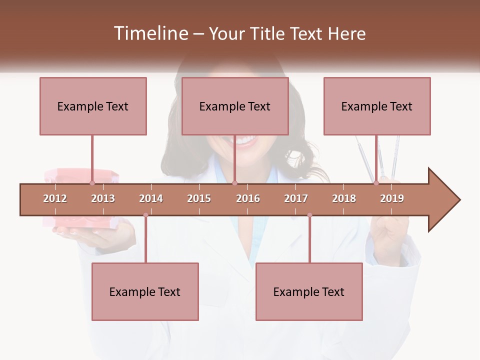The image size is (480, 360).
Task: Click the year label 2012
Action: click(x=55, y=198)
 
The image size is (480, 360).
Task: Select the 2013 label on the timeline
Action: click(x=103, y=198)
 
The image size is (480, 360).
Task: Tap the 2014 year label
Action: click(x=151, y=198)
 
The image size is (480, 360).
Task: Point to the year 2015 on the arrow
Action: click(x=199, y=198)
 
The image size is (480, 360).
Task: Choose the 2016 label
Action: click(x=248, y=198)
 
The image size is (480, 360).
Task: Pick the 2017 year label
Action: click(x=296, y=198)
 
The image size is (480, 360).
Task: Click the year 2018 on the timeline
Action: click(x=344, y=198)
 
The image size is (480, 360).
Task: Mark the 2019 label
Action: click(x=392, y=198)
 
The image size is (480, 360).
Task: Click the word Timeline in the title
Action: click(x=150, y=33)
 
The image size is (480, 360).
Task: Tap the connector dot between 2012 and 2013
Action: click(x=92, y=183)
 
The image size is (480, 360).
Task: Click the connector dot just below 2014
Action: click(x=145, y=215)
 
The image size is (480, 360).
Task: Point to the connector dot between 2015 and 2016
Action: click(x=234, y=183)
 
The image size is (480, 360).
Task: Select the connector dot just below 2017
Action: click(x=309, y=215)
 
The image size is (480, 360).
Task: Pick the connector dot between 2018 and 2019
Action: click(x=376, y=183)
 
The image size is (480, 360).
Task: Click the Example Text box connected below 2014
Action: click(x=145, y=291)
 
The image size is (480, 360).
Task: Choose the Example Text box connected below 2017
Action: click(x=309, y=291)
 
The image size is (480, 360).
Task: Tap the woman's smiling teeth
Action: click(x=245, y=141)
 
